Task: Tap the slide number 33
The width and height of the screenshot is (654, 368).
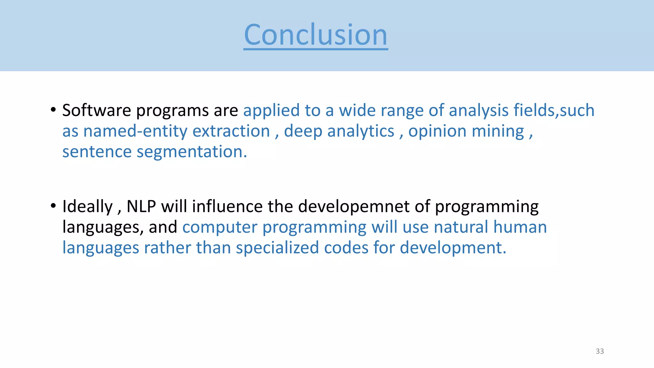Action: (x=600, y=351)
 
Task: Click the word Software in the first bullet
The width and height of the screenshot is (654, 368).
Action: (x=96, y=110)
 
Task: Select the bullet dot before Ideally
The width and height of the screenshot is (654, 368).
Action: (x=53, y=205)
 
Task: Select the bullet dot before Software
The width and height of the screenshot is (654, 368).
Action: (x=53, y=110)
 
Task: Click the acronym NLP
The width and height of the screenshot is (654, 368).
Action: (x=141, y=206)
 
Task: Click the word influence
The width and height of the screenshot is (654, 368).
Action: (x=227, y=206)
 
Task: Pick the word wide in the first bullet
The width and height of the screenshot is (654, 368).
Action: (x=357, y=110)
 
